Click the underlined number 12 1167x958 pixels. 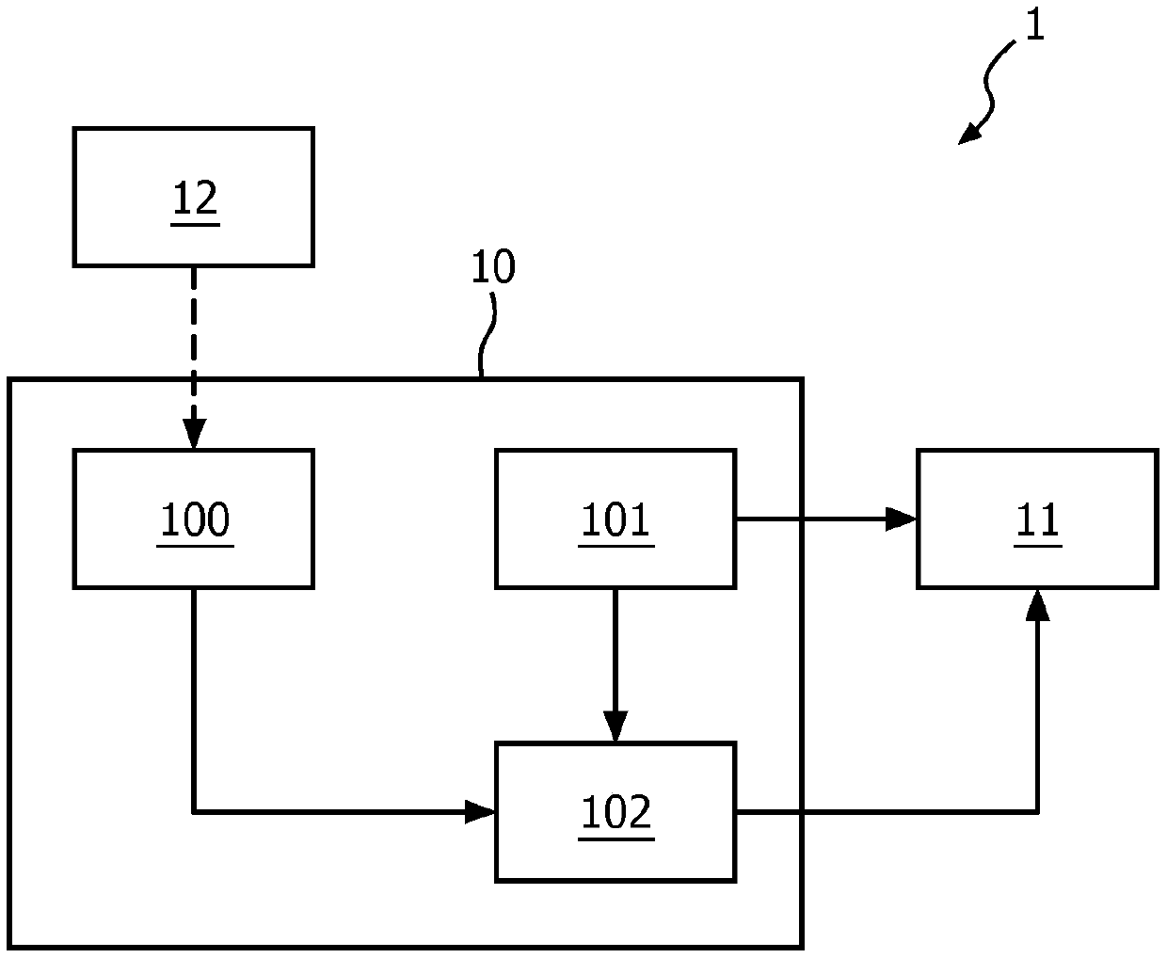tap(196, 198)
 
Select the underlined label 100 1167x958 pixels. tap(195, 519)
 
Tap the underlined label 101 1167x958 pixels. tap(615, 519)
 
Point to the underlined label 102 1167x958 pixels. tap(615, 812)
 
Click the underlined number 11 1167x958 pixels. tap(1037, 519)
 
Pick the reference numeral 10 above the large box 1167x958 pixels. tap(493, 266)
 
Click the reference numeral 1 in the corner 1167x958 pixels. tap(1034, 24)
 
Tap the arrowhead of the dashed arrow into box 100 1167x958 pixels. tap(194, 434)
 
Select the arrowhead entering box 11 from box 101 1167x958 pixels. tap(901, 519)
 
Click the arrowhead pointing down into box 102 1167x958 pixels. tap(615, 726)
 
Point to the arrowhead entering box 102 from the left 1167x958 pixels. tap(480, 812)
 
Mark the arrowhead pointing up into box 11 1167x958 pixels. tap(1037, 605)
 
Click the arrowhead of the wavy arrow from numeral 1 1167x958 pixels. tap(969, 135)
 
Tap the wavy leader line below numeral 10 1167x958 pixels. tap(486, 335)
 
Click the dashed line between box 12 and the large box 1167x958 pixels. tap(194, 343)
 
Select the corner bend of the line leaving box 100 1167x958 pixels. tap(194, 812)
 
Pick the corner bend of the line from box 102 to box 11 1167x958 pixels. tap(1037, 812)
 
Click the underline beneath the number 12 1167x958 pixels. tap(196, 225)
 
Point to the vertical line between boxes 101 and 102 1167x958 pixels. tap(615, 649)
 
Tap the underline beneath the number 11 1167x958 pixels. tap(1037, 546)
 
